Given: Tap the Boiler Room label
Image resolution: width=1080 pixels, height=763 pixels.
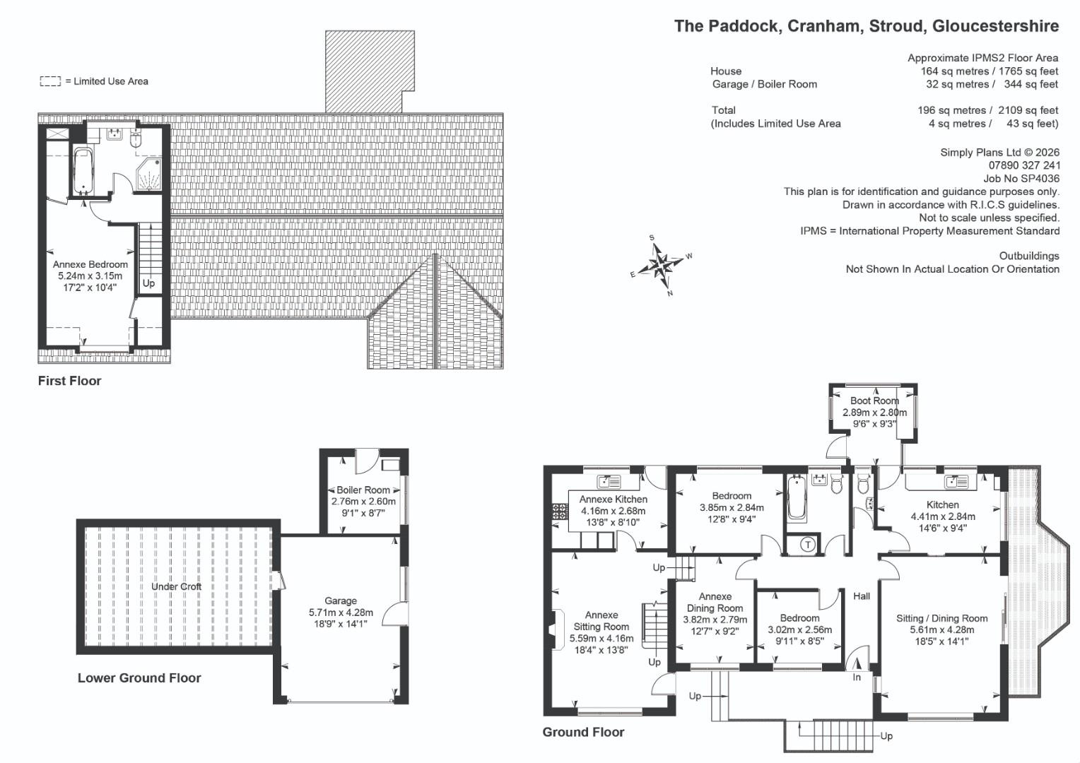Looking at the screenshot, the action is click(x=363, y=490).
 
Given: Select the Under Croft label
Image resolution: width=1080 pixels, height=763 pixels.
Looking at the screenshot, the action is click(x=177, y=586).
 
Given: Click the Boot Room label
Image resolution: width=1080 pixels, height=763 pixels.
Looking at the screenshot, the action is click(x=874, y=401).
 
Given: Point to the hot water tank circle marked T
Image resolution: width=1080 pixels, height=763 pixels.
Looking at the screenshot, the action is click(x=808, y=545).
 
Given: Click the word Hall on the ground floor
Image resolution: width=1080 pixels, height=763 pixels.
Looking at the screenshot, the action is click(x=862, y=596).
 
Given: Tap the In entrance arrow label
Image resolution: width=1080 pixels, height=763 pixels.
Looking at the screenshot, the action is click(x=857, y=678).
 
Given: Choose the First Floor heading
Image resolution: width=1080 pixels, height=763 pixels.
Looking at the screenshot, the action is click(x=69, y=381).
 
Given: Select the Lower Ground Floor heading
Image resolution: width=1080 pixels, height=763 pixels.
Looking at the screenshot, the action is click(x=139, y=678).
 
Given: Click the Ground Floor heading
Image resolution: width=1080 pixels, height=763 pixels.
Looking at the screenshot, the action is click(x=583, y=732).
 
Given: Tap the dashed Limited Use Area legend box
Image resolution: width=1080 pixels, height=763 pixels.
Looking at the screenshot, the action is click(x=50, y=81).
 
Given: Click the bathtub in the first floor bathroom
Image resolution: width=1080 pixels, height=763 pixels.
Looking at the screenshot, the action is click(x=83, y=171).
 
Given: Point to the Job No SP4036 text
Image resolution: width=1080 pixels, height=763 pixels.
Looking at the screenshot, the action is click(x=1021, y=178).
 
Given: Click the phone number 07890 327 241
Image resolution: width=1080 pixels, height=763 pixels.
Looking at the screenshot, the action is click(x=1024, y=165).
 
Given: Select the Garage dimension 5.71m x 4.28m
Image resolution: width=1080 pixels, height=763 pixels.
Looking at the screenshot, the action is click(x=341, y=613).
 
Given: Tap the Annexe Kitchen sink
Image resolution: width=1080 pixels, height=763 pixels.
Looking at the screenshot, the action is click(x=609, y=481).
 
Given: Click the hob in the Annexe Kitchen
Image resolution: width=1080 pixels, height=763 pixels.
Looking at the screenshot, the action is click(x=560, y=511).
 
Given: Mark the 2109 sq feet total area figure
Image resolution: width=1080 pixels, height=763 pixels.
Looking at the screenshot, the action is click(x=1028, y=110).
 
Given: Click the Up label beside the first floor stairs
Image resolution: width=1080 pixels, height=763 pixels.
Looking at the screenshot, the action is click(x=148, y=283).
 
